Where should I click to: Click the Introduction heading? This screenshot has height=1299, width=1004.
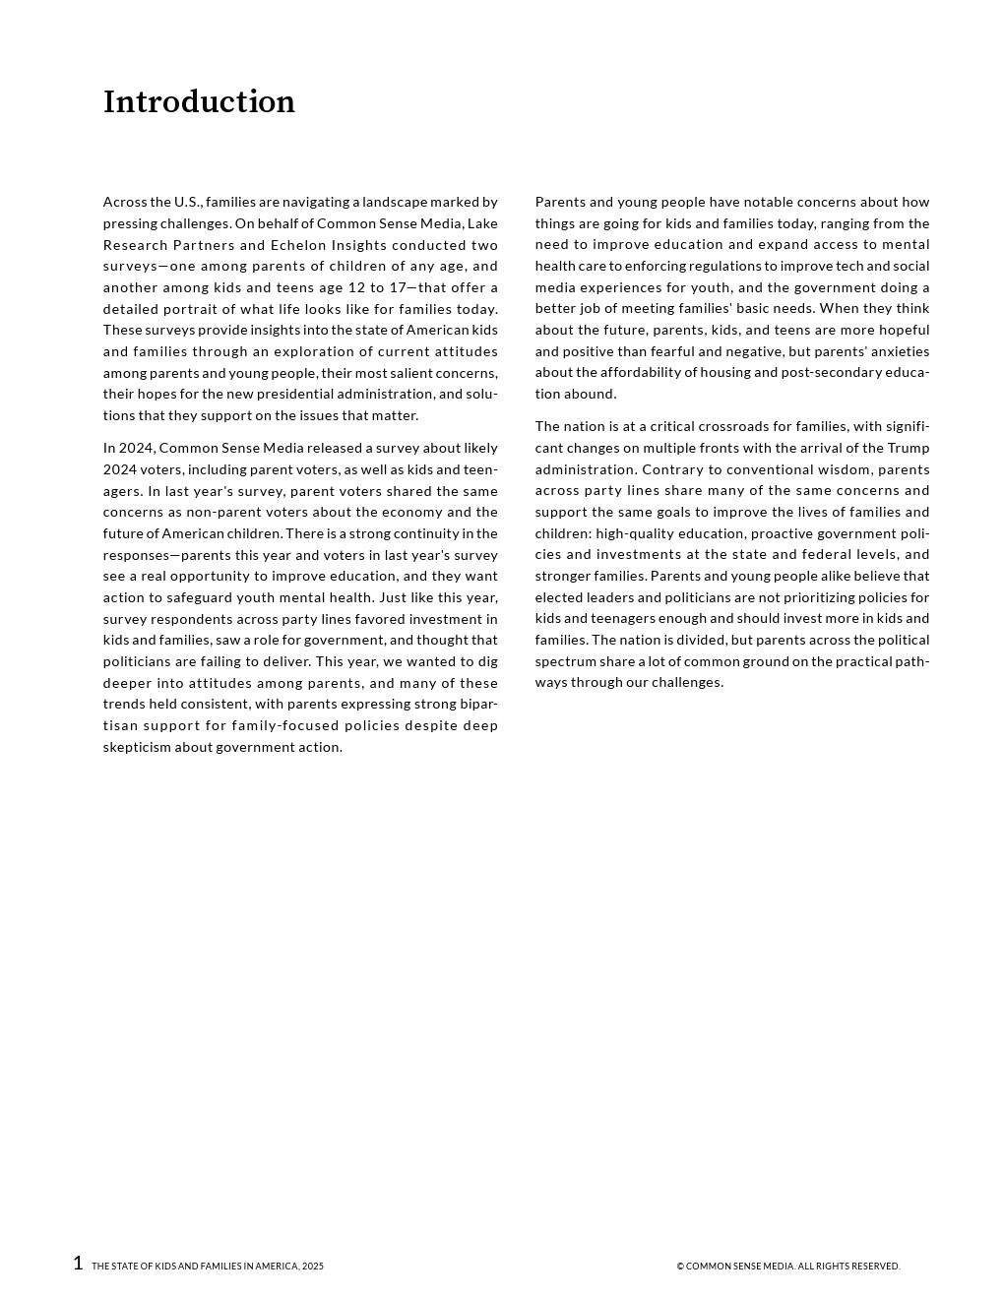coord(199,102)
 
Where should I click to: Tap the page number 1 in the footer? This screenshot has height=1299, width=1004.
coord(78,1264)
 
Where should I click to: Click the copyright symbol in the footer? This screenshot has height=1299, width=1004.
coord(680,1267)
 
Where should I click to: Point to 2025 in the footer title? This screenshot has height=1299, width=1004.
coord(313,1267)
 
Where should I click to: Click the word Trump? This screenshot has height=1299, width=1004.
coord(909,448)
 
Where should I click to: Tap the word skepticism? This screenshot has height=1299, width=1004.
coord(137,747)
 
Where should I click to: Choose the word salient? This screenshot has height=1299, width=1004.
coord(415,373)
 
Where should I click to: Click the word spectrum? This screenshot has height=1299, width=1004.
coord(566,661)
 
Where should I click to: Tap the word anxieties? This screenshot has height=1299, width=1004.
coord(893,351)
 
